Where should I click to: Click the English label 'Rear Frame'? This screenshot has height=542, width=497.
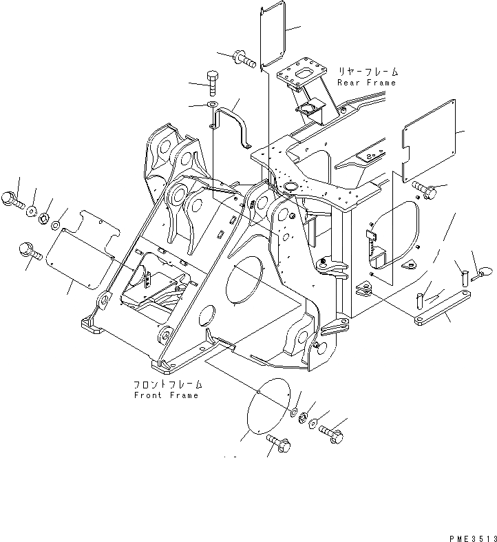tap(366, 83)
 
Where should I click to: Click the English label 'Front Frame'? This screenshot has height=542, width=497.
tap(166, 395)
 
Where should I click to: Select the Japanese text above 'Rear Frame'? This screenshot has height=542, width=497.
tap(368, 72)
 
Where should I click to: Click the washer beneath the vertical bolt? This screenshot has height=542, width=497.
tap(213, 105)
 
